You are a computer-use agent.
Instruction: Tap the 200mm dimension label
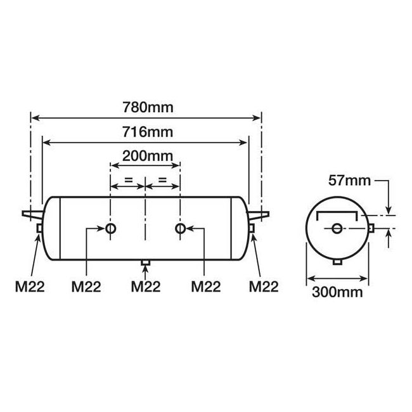click(x=146, y=155)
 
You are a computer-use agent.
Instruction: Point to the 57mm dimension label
click(x=349, y=181)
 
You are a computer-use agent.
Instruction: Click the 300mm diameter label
click(x=337, y=292)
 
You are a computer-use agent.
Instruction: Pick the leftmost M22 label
click(x=29, y=286)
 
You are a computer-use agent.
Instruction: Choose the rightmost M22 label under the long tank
click(x=263, y=286)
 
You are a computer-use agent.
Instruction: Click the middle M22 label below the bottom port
click(x=146, y=286)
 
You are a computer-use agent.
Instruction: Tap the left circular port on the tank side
click(x=111, y=228)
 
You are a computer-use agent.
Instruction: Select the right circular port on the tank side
click(x=181, y=228)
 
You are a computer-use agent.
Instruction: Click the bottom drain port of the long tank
click(x=146, y=262)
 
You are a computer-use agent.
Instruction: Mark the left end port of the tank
click(x=39, y=228)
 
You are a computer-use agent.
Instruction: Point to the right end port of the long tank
click(x=252, y=228)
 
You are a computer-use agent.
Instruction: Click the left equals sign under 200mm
click(x=128, y=181)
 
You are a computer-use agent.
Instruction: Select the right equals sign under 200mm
click(x=163, y=181)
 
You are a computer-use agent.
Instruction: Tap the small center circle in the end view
click(x=337, y=228)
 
